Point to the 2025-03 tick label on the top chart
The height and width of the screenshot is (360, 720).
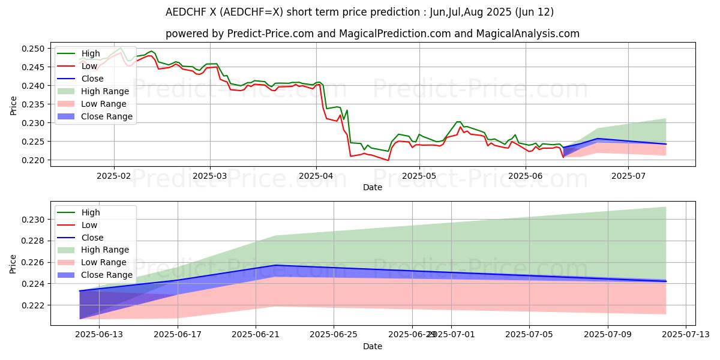[x=209, y=175]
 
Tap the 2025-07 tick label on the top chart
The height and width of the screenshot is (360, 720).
[x=628, y=175]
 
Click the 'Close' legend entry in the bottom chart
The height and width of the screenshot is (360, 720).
[x=92, y=238]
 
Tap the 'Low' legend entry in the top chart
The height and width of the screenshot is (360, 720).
[x=89, y=66]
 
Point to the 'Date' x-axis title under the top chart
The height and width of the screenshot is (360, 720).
[x=373, y=187]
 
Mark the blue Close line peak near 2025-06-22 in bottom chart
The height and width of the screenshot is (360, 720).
[x=275, y=265]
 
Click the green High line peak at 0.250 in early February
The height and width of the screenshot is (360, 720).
[x=121, y=48]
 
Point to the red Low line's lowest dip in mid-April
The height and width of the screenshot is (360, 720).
[x=388, y=160]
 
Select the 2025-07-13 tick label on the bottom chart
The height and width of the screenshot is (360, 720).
[x=685, y=335]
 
